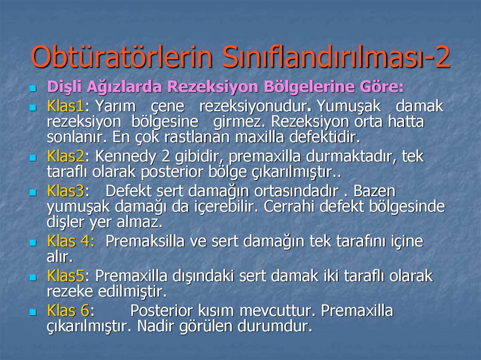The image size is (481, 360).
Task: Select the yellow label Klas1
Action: point(65,106)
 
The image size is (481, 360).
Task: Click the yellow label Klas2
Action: point(65,157)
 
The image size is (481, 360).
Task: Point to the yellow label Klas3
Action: point(65,191)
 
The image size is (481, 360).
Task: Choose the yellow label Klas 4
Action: point(70,241)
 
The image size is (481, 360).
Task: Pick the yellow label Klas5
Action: point(65,276)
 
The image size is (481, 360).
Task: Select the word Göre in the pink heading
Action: point(382,87)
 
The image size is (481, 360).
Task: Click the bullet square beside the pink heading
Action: point(33,88)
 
